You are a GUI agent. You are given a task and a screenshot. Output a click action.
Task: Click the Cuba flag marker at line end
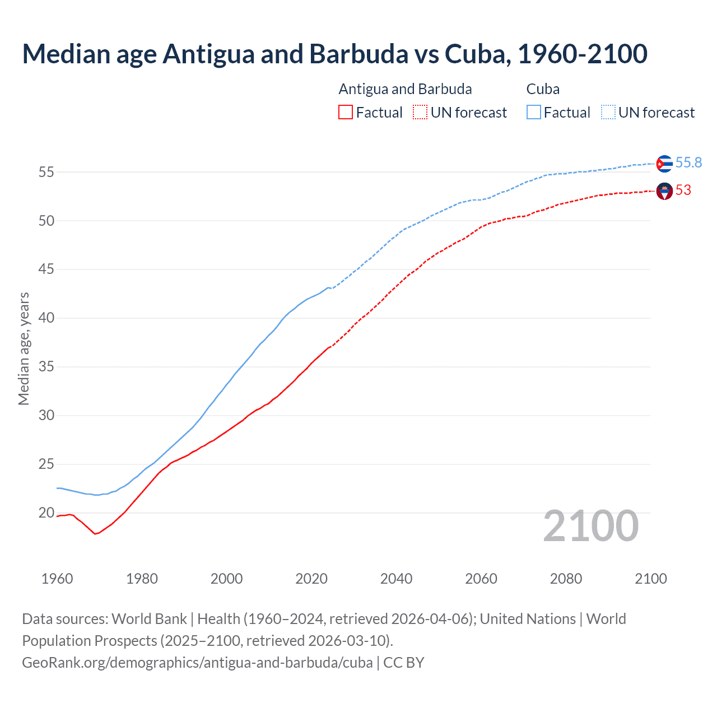coord(664,164)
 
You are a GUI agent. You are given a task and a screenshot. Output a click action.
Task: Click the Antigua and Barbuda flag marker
coord(664,192)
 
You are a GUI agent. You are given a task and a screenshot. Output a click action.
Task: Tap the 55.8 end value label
coord(688,162)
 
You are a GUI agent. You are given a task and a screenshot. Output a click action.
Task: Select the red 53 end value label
coord(683,190)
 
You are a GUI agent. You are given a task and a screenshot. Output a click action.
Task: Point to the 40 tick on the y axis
coord(46,318)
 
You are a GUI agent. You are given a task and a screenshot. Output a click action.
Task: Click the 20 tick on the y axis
coord(46,513)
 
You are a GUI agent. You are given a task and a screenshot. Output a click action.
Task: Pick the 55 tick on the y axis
coord(46,172)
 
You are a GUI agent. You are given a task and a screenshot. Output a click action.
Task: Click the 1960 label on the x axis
coord(57,579)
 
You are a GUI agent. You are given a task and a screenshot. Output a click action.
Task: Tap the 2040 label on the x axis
coord(396,579)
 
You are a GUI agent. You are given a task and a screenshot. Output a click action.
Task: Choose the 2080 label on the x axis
coord(566,579)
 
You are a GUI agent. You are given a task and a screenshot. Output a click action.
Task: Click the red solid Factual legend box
coord(346,113)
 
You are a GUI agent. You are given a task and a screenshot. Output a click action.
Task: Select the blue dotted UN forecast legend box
coord(608,113)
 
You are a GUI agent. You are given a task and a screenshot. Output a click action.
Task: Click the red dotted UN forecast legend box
coord(420,113)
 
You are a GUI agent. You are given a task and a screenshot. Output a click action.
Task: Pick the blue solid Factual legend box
coord(534,113)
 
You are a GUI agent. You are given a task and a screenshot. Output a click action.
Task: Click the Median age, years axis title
coord(24,348)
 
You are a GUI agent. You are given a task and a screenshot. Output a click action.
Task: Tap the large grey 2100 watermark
coord(590,526)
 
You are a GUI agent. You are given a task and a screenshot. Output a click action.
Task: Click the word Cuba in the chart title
coord(477,54)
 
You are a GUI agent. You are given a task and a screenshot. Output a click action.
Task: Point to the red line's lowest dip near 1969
coord(95,534)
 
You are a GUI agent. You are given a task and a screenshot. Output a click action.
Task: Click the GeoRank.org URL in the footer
coord(197,663)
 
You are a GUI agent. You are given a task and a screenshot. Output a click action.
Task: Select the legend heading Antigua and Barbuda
coord(405,89)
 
